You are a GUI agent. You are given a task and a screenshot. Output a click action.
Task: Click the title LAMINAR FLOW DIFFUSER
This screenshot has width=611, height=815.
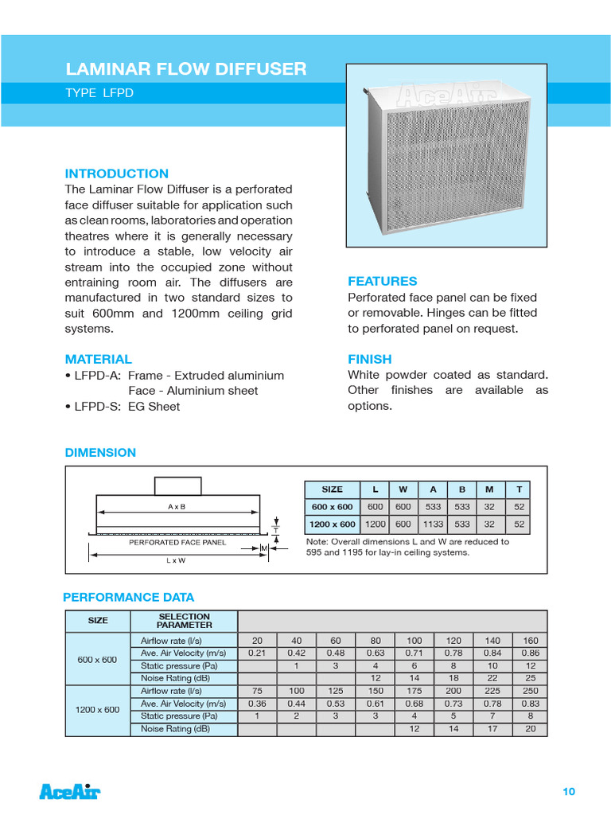pos(185,69)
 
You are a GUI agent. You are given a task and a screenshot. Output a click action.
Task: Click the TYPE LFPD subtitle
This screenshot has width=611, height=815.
pos(99,93)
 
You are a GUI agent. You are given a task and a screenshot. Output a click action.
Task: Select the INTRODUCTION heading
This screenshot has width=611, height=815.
pos(116,174)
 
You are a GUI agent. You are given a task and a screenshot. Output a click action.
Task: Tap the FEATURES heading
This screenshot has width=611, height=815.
pos(382,281)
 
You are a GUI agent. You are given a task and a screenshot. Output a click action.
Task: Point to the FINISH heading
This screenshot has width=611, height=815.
pos(369,359)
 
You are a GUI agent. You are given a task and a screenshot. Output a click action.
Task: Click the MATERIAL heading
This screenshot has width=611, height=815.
pos(98,359)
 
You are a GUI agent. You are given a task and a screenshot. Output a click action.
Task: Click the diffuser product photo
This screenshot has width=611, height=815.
pos(446,156)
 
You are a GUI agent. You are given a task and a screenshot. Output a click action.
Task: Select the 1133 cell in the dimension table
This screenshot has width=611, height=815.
pos(433,524)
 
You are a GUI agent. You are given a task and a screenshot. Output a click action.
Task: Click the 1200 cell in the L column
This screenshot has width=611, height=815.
pos(375,524)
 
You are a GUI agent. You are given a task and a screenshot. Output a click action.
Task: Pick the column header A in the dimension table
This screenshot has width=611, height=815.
pos(433,489)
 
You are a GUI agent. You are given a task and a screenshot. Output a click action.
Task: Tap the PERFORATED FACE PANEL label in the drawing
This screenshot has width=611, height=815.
pos(177,542)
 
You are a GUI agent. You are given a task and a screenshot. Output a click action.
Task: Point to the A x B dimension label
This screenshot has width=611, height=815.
pos(177,506)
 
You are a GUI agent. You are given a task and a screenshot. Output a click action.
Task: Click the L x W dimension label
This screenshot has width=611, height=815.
pos(177,560)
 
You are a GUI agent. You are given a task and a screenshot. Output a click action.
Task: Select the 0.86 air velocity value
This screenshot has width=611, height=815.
pos(531,653)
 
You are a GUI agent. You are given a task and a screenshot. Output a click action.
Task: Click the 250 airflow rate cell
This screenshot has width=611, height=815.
pos(531,691)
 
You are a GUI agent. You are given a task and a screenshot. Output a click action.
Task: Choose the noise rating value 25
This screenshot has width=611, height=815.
pos(531,678)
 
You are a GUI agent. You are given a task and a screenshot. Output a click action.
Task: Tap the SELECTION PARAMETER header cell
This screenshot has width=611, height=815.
pos(184,621)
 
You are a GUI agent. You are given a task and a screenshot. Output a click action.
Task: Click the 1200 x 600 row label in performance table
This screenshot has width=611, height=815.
pos(97,710)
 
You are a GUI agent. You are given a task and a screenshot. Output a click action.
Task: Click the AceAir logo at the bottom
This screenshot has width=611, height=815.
pos(70,791)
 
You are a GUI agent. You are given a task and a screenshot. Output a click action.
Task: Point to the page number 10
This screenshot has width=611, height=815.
pos(568,791)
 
